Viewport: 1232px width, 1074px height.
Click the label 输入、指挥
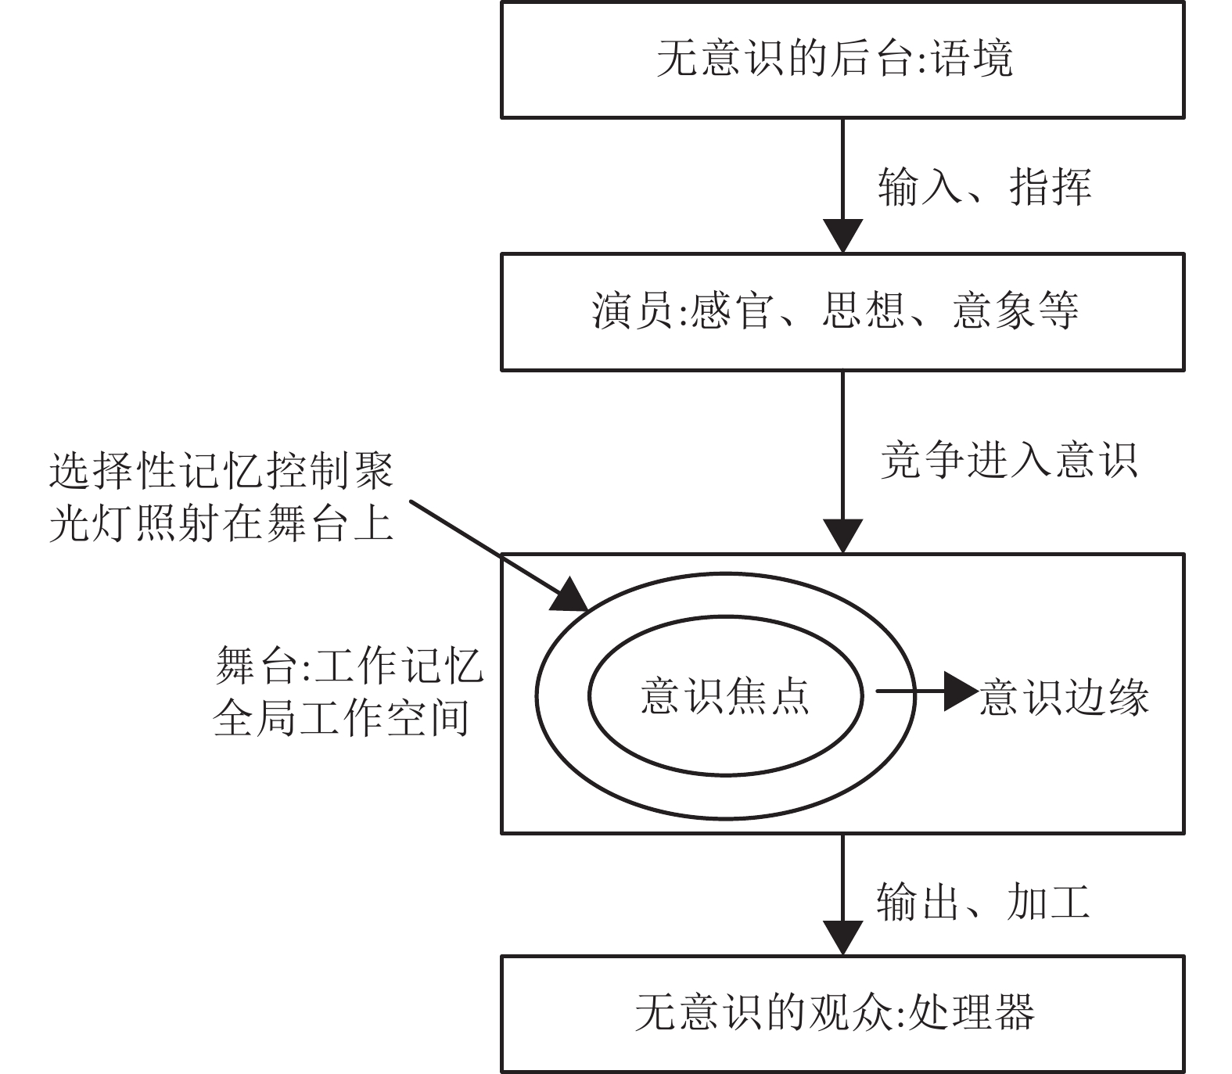(984, 187)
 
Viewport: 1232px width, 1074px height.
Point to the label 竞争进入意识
(1008, 459)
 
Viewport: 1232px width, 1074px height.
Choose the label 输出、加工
(983, 902)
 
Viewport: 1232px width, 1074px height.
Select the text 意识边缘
(1064, 696)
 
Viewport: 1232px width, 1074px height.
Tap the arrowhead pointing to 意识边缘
(961, 691)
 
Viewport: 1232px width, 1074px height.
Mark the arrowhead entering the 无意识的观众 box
(842, 938)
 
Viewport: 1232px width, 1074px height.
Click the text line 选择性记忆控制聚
(221, 472)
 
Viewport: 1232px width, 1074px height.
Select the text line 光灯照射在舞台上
(221, 523)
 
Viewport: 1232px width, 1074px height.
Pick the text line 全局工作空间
(341, 718)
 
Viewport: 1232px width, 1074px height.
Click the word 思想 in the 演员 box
(864, 311)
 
